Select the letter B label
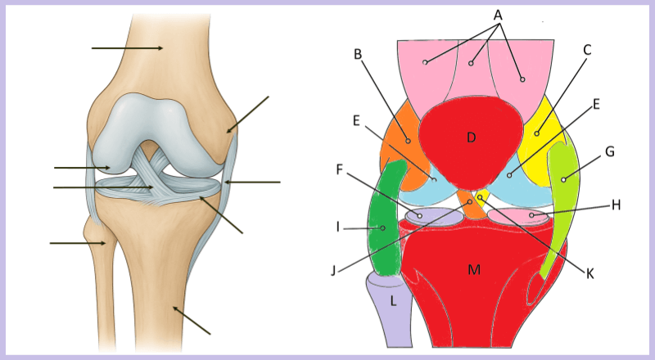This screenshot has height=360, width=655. pyautogui.click(x=357, y=55)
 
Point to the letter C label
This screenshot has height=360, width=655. pyautogui.click(x=587, y=50)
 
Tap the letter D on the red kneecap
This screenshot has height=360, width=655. pyautogui.click(x=471, y=137)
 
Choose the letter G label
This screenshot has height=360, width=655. pyautogui.click(x=609, y=152)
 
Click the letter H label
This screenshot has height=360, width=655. pyautogui.click(x=616, y=205)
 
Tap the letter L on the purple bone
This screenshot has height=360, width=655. pyautogui.click(x=394, y=301)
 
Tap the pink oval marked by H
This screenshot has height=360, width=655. pyautogui.click(x=517, y=216)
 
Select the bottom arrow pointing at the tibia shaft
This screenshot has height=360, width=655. pyautogui.click(x=192, y=321)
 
